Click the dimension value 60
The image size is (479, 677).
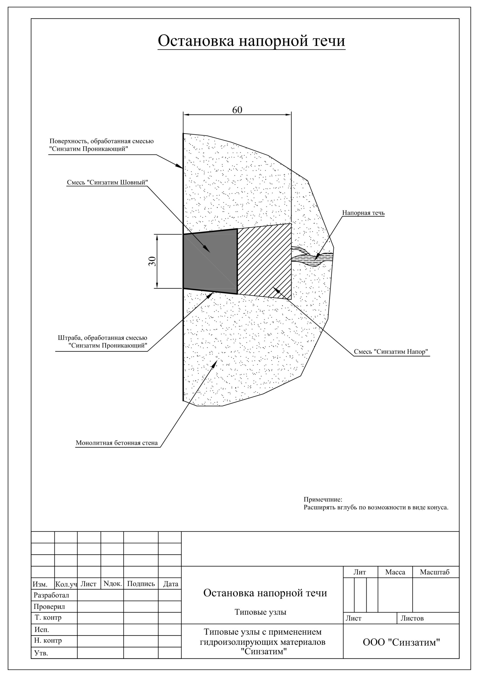click(237, 110)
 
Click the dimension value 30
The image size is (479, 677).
click(152, 261)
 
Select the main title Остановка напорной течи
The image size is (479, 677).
click(251, 41)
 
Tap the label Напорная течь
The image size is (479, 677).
click(363, 213)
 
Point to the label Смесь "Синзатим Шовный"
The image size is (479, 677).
click(107, 182)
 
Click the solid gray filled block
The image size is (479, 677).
click(210, 262)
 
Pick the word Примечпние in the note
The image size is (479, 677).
click(323, 500)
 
